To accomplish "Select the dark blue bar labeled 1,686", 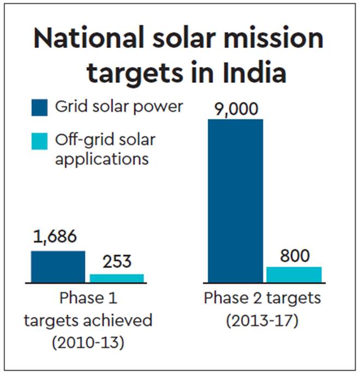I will click(58, 267).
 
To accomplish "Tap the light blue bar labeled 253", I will click(117, 278).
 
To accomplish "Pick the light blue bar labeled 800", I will click(293, 274).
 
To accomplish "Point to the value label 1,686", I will click(56, 238).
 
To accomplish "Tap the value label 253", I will click(116, 261).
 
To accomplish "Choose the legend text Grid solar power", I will click(119, 107).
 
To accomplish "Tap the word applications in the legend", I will click(101, 159).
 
